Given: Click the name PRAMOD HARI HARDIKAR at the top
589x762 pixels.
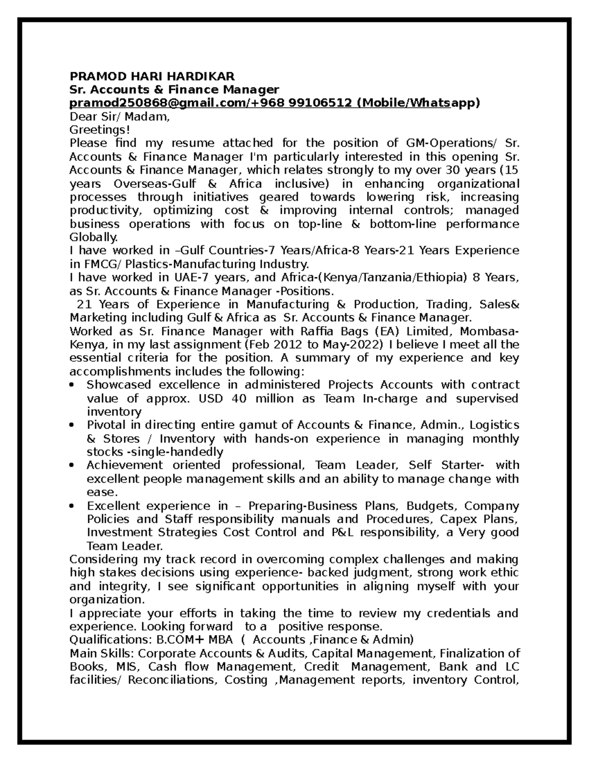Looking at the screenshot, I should pos(152,76).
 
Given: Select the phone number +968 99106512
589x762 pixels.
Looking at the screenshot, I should pos(303,103).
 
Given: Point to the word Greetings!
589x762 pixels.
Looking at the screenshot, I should pos(100,130).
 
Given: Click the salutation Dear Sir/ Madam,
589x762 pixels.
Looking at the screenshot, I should pos(120,117).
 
